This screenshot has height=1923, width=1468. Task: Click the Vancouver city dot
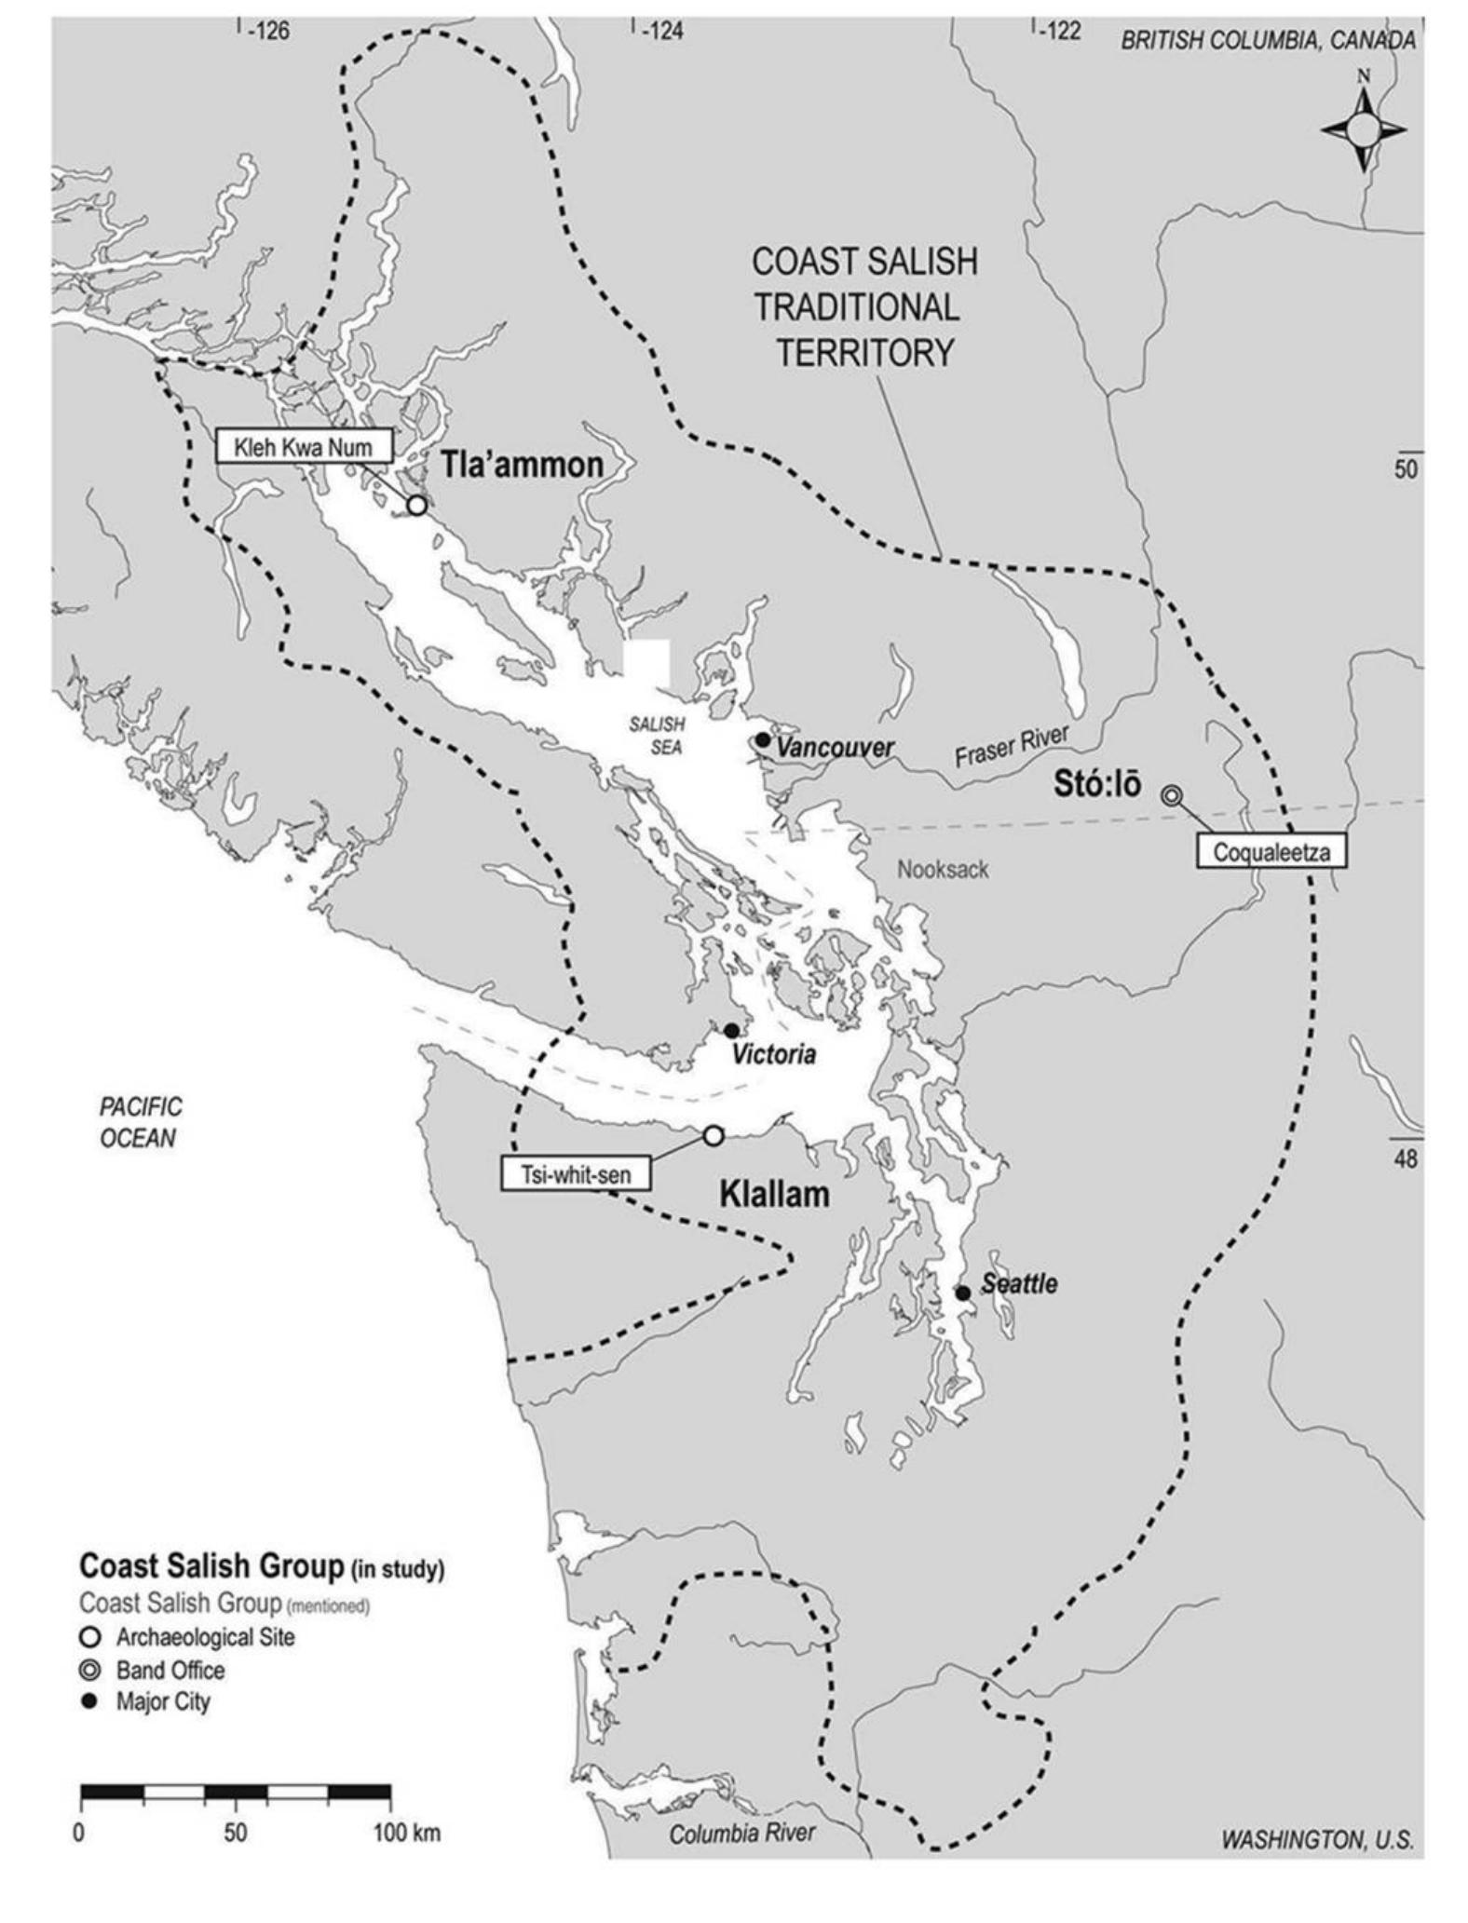click(x=763, y=739)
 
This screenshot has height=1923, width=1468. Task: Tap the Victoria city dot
click(x=732, y=1030)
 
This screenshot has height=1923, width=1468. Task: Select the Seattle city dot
click(x=963, y=1293)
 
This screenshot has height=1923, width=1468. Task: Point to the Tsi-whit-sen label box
click(x=575, y=1174)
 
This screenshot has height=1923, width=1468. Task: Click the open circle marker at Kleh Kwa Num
click(x=417, y=505)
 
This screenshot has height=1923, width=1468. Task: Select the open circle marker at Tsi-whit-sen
click(x=713, y=1135)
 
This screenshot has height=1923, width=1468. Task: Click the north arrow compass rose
click(x=1364, y=129)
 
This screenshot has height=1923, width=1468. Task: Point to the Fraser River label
click(x=1010, y=747)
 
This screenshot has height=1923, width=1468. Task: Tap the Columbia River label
click(x=741, y=1834)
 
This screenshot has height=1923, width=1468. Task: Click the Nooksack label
click(x=942, y=870)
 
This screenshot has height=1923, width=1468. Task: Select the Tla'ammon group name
click(x=522, y=464)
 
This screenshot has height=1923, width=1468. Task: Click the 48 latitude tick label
click(x=1406, y=1159)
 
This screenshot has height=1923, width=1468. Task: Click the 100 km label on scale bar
click(x=407, y=1833)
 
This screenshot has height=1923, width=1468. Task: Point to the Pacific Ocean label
click(x=140, y=1122)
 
